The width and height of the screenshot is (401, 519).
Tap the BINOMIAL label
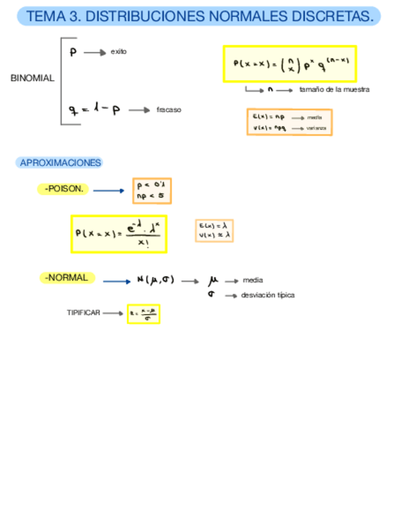32,78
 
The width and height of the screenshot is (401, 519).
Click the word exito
119,52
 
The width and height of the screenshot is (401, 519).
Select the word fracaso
169,110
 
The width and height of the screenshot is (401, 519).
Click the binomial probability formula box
289,64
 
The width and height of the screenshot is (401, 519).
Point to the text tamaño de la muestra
334,89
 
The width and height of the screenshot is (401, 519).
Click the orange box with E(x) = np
289,122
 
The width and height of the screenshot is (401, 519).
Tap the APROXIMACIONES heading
60,163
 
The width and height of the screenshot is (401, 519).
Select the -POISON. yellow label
64,189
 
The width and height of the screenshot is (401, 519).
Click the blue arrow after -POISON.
109,190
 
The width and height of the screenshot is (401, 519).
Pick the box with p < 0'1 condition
152,190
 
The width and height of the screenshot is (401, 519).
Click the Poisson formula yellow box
119,234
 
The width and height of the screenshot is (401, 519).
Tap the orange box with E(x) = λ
214,231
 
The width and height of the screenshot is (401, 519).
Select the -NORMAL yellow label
67,278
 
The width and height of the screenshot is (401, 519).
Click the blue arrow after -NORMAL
117,282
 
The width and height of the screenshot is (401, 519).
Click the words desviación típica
268,295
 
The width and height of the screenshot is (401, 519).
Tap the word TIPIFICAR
83,313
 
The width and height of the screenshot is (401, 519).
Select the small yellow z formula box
143,314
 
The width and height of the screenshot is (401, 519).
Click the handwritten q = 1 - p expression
95,110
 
